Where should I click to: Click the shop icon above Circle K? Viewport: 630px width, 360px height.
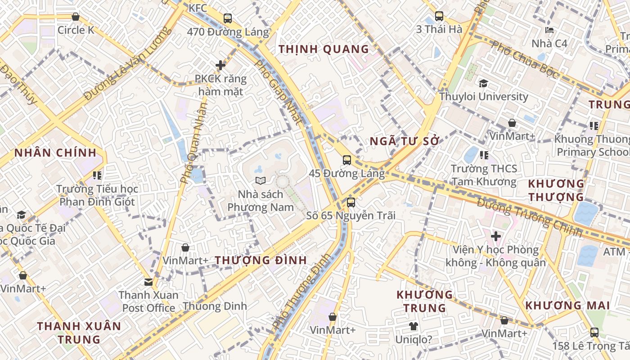[x=76, y=17]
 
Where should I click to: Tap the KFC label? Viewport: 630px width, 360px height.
[x=198, y=8]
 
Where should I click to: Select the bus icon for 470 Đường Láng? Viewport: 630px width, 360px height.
[x=228, y=18]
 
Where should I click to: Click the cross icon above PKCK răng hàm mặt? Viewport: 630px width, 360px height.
[x=220, y=65]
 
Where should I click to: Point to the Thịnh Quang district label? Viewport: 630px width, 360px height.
[x=324, y=49]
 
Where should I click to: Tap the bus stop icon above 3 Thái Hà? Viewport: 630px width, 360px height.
[x=439, y=16]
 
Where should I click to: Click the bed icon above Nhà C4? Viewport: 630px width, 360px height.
[x=549, y=31]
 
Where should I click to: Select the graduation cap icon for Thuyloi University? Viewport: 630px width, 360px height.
[x=484, y=83]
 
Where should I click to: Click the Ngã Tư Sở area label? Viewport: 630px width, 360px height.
[x=404, y=141]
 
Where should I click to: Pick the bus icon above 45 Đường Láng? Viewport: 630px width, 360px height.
[x=347, y=160]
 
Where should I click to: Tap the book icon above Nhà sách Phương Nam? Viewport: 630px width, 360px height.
[x=261, y=181]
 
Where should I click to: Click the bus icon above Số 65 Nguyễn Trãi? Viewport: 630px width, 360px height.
[x=351, y=202]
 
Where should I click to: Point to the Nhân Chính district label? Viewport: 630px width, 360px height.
[x=55, y=153]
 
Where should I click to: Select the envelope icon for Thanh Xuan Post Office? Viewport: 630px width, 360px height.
[x=148, y=282]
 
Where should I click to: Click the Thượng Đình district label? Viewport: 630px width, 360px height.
[x=261, y=260]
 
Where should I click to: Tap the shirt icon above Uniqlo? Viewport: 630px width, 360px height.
[x=413, y=326]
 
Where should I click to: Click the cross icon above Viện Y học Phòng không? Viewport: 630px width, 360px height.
[x=496, y=236]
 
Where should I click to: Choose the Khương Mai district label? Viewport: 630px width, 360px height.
[x=567, y=306]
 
